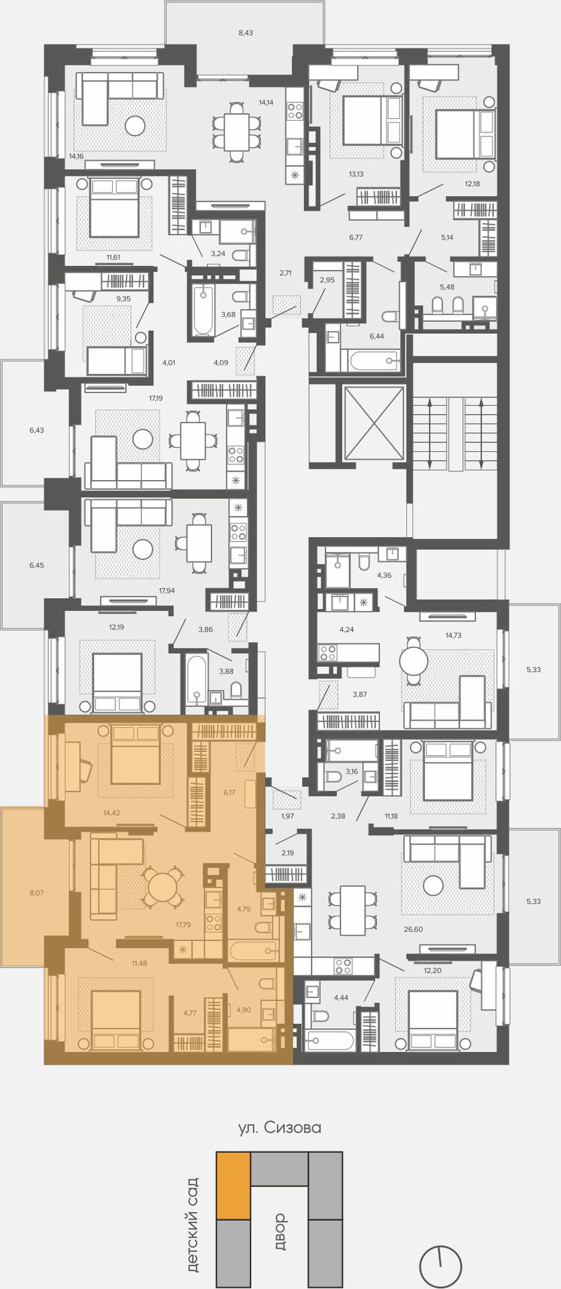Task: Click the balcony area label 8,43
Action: point(246,32)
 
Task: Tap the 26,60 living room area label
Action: point(413,929)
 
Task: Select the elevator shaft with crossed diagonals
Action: point(374,423)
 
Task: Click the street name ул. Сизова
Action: point(280,1127)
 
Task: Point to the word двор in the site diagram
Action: point(280,1232)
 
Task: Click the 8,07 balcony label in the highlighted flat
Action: point(36,893)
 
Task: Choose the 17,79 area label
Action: point(183,924)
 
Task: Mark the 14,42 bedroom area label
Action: point(111,812)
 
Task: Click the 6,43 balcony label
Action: point(36,430)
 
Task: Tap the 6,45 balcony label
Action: point(36,565)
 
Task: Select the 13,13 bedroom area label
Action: point(356,174)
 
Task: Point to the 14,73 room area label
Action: point(453,634)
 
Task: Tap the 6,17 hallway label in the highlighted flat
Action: point(229,792)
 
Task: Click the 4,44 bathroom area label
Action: point(341,998)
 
